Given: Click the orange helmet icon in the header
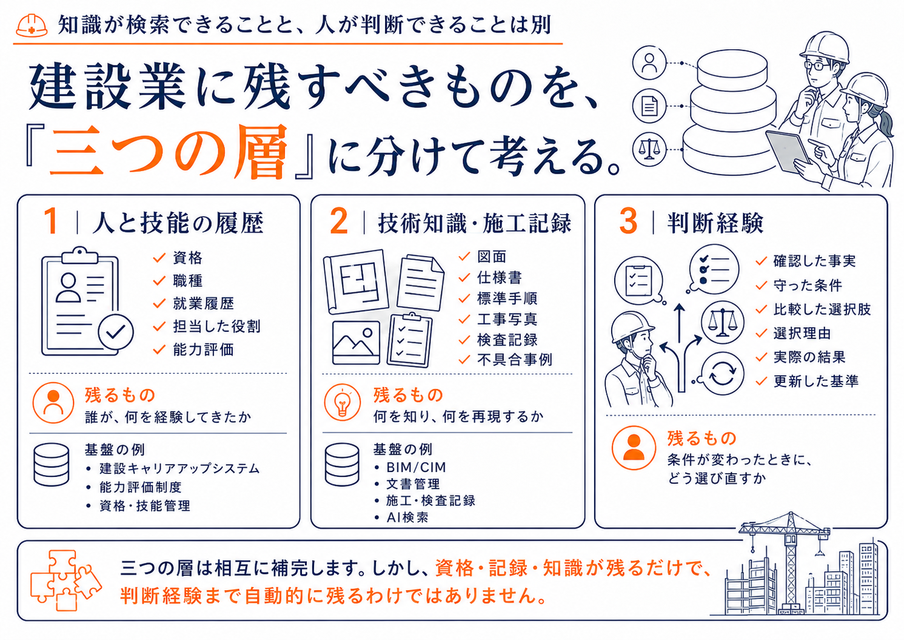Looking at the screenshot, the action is (x=32, y=25).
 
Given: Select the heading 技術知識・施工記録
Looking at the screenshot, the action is (x=475, y=223).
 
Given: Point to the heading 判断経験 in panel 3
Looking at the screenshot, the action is (x=715, y=223).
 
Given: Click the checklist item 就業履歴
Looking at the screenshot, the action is (x=203, y=303).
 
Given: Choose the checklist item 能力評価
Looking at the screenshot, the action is (x=203, y=349).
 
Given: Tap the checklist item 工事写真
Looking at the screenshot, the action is (x=507, y=319).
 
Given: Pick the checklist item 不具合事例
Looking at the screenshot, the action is (x=514, y=359).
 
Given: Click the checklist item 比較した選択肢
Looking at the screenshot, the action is (x=822, y=309).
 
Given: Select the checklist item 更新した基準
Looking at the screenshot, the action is (x=815, y=381).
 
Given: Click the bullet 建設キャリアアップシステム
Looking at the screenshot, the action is (x=179, y=468).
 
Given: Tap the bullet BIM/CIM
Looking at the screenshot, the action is (x=416, y=467).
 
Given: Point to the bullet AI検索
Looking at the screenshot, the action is (x=407, y=517).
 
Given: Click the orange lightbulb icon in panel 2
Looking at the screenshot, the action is (x=342, y=402).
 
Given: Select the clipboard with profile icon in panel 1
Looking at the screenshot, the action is (x=87, y=301).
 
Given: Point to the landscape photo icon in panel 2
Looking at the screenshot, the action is (x=356, y=342).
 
